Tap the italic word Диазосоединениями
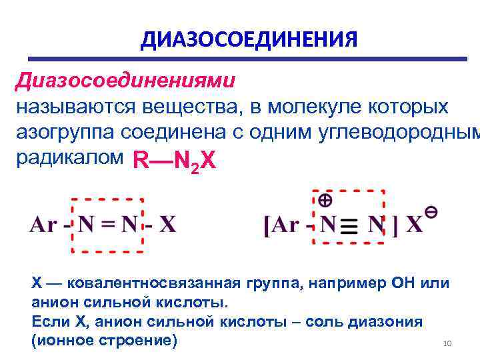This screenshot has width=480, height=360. click(125, 81)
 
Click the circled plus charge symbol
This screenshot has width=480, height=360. click(325, 199)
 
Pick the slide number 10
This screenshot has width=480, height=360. click(447, 343)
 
